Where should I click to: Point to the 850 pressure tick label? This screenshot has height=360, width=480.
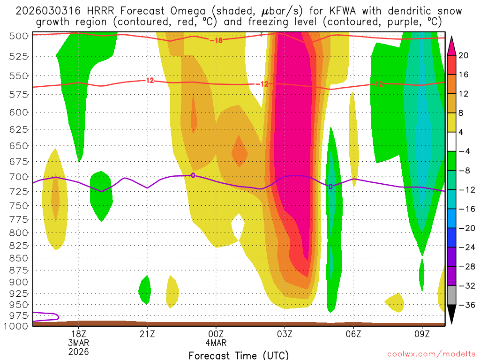[18, 258]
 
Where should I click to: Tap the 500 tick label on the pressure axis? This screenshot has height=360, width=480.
[18, 36]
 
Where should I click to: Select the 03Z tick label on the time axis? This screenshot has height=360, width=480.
[285, 334]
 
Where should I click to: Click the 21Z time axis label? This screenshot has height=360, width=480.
[147, 334]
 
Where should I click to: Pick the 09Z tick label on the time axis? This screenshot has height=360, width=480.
[422, 334]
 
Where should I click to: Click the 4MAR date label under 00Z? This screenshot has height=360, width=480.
[216, 343]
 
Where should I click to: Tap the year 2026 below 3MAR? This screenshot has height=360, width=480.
[78, 351]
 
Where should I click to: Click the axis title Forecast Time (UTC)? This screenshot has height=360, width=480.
[239, 355]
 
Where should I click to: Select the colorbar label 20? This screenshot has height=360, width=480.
[464, 55]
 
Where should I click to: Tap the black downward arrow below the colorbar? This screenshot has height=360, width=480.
[452, 315]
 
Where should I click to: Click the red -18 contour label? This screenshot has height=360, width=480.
[216, 40]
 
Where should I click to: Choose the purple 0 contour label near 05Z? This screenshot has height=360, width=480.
[330, 187]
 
